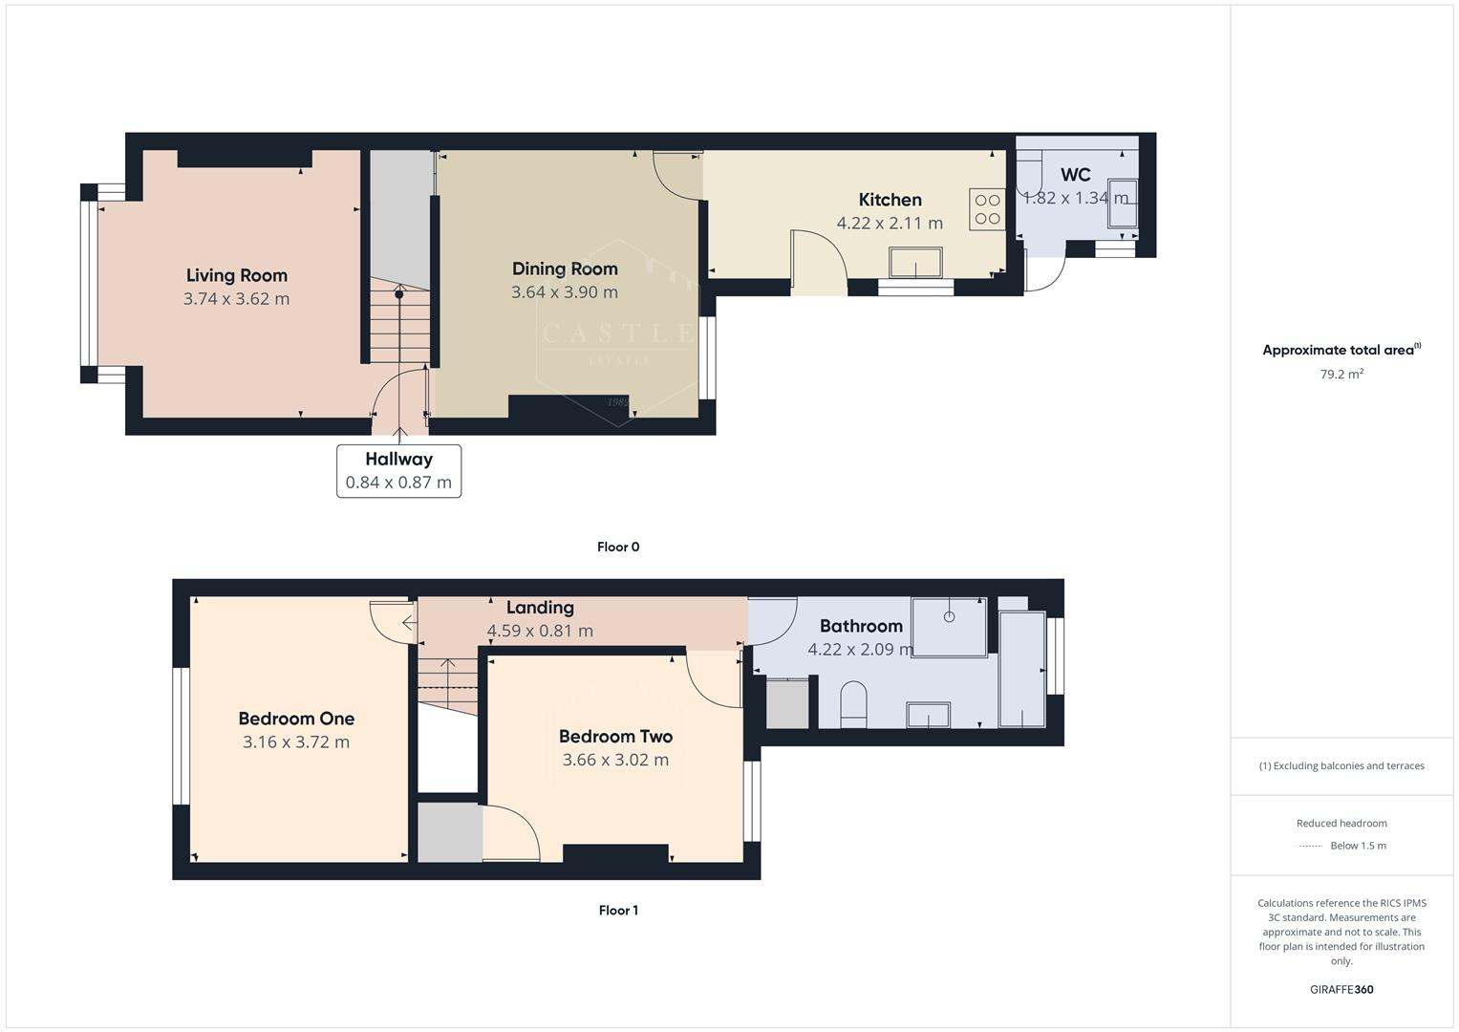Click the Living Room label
coord(236,275)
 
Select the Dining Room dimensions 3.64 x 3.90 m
coord(564,292)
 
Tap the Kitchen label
coord(890,200)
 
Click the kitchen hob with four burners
coord(987,209)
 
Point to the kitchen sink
coord(914,263)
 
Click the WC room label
coord(1075,175)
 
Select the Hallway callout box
coord(398,471)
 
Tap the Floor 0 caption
coord(617,548)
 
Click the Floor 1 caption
coord(617,911)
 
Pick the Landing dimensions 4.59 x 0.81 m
coord(540,631)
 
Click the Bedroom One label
coord(296,719)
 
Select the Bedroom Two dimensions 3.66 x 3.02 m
coord(615,760)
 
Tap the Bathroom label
coord(860,626)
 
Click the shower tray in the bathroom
coord(949,627)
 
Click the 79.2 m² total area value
coord(1341,375)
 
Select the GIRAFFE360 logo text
coord(1341,989)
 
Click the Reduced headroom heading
coord(1341,823)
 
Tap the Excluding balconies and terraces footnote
coord(1341,765)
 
